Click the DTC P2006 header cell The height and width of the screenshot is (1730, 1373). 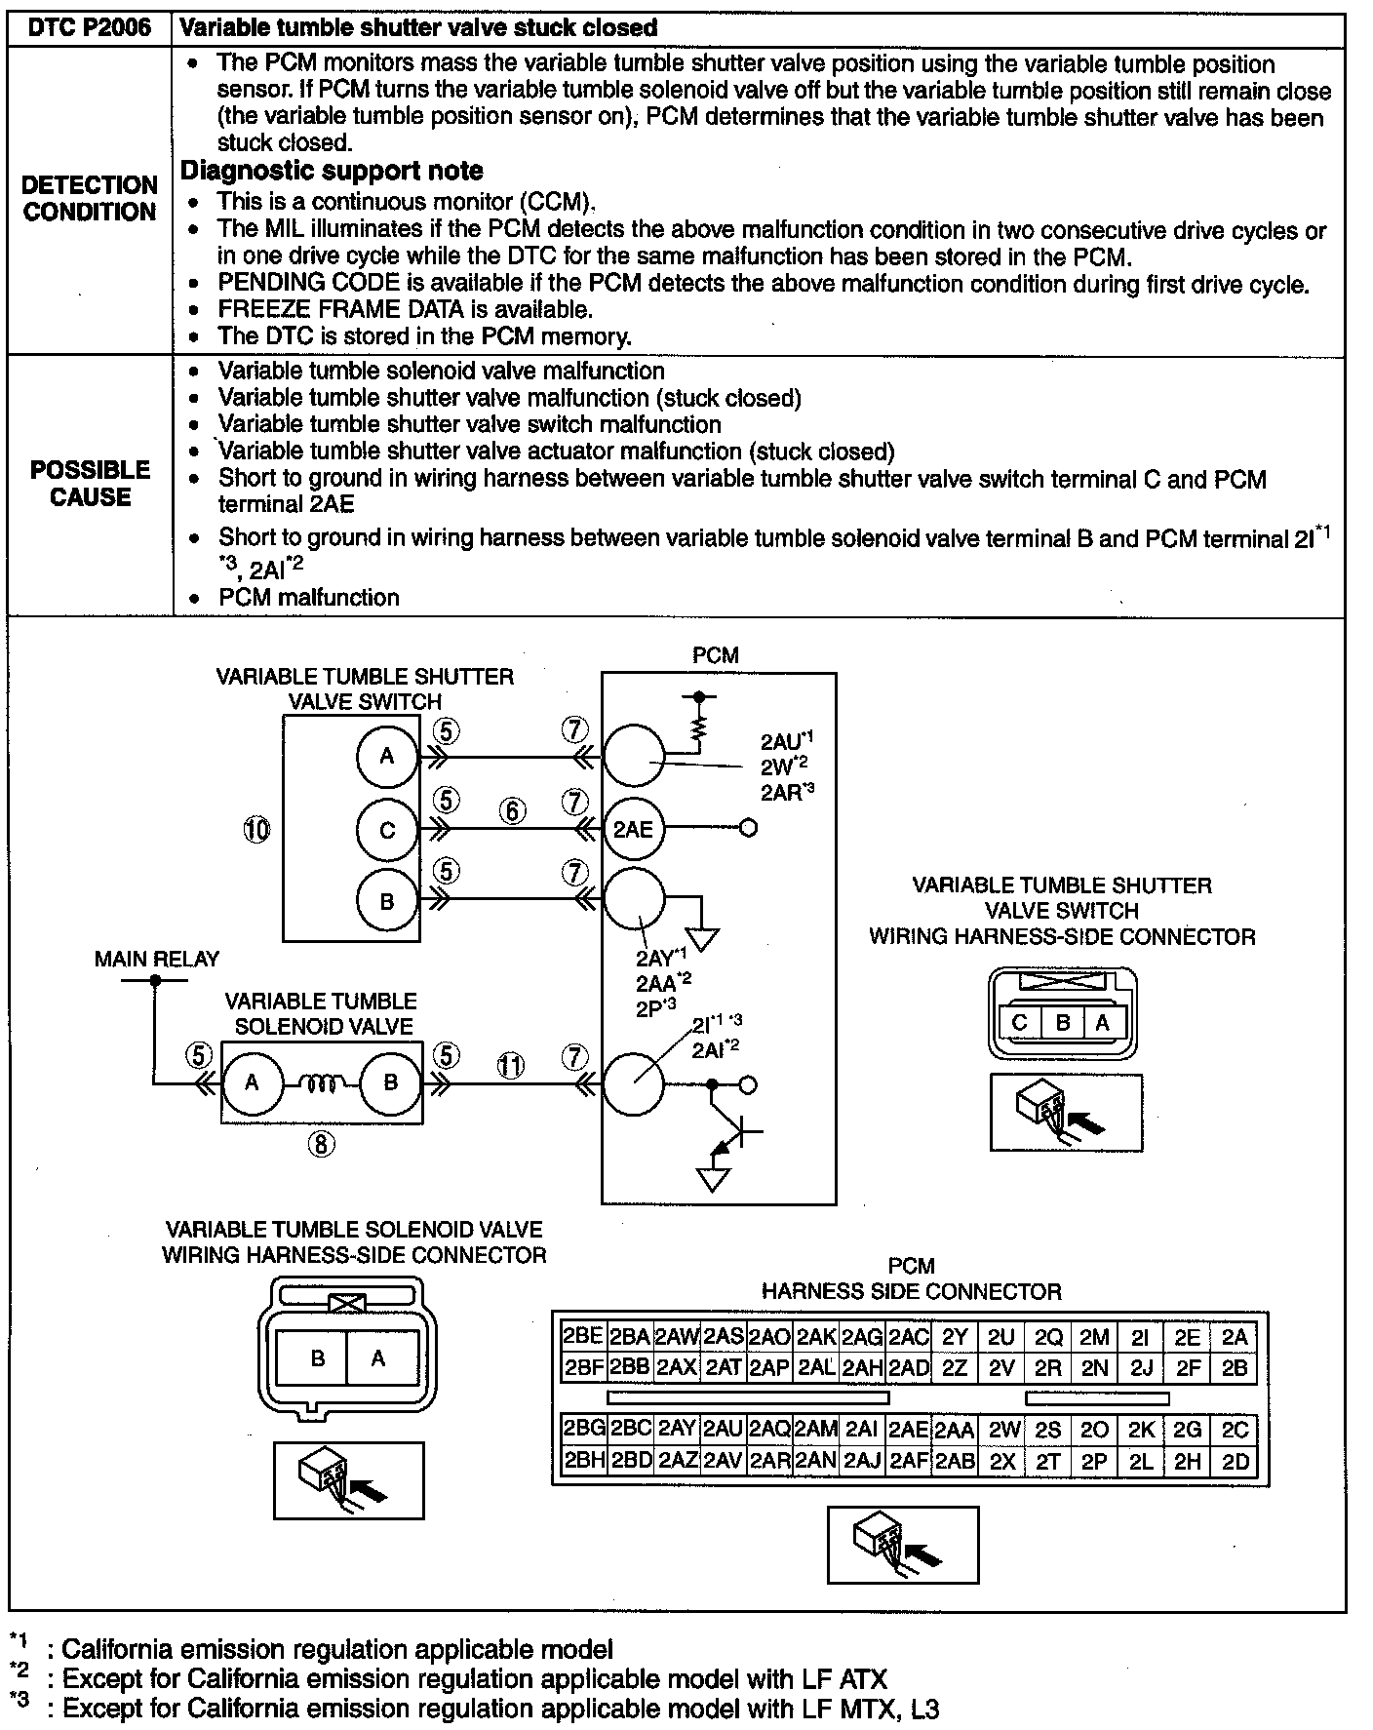coord(90,27)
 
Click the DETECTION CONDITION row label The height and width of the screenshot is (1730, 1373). coord(90,198)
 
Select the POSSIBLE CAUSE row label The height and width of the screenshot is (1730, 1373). coord(90,483)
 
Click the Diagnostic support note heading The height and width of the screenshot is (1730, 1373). coord(332,171)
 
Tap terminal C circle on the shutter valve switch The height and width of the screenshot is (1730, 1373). coord(387,830)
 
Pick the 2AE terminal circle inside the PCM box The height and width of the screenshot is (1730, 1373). coord(633,830)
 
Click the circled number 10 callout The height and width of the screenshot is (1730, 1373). coord(256,830)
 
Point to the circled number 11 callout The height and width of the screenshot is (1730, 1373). coord(511,1065)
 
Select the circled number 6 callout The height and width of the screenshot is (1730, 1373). coord(513,810)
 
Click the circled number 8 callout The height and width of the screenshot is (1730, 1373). coord(322,1145)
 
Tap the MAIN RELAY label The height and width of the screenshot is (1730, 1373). coord(157,959)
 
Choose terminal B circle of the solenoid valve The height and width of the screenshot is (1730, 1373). coord(390,1082)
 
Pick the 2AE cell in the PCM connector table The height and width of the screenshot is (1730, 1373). coord(909,1430)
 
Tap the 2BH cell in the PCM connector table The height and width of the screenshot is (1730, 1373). coord(584,1461)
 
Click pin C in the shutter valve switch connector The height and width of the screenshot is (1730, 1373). coord(1021,1023)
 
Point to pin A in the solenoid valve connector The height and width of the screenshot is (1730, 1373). coord(378,1358)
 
